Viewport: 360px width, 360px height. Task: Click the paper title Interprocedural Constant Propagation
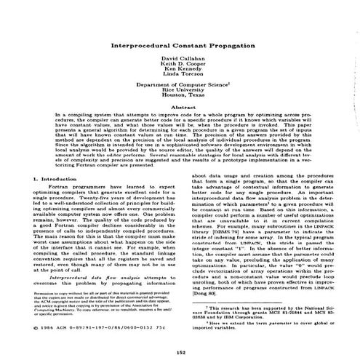coord(179,46)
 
